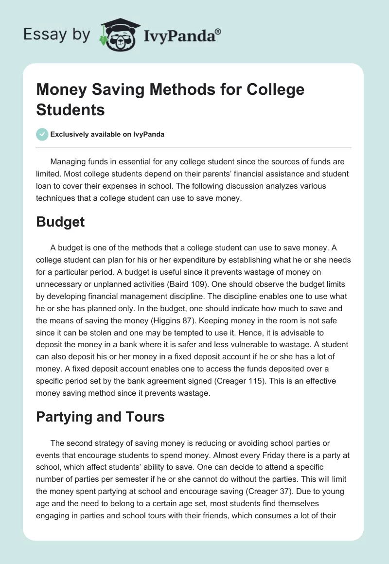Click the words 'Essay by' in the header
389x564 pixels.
(57, 34)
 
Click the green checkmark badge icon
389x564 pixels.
(42, 135)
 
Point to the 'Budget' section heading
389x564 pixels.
(60, 222)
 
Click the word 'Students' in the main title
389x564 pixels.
(71, 109)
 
